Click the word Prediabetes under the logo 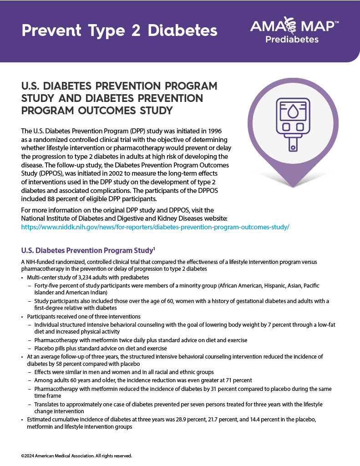292,40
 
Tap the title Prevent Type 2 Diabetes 120,30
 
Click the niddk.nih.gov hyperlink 155,226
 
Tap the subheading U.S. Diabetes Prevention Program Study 86,250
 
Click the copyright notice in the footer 76,456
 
